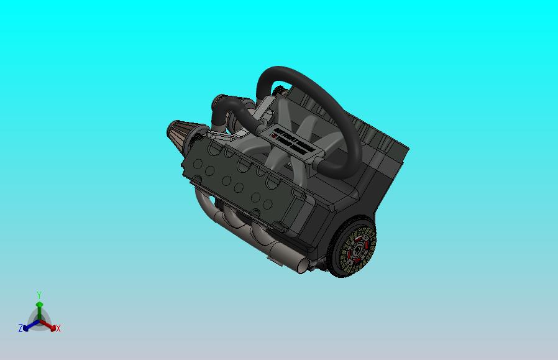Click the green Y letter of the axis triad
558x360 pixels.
coord(39,295)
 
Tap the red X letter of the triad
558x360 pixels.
coord(58,328)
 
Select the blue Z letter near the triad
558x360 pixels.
coord(21,328)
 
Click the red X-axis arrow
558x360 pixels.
coord(50,325)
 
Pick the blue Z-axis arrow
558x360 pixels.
coord(29,325)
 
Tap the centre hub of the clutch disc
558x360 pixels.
coord(357,251)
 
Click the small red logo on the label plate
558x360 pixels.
coord(274,134)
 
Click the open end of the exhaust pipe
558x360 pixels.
coord(301,266)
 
